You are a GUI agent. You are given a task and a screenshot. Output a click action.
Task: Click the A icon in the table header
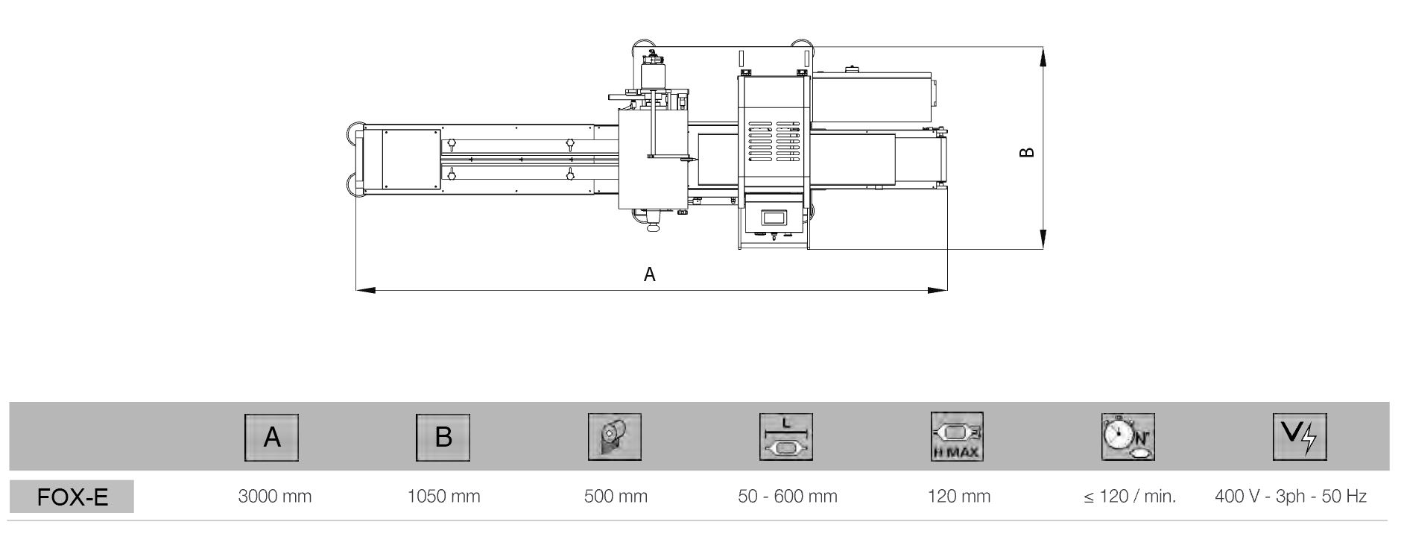tap(272, 437)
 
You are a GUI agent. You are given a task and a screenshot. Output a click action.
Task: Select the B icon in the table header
tap(443, 437)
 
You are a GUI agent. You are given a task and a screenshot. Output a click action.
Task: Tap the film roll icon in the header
tap(615, 437)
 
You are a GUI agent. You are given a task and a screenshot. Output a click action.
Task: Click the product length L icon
tap(786, 437)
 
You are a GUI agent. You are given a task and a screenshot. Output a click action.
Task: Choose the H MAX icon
tap(958, 437)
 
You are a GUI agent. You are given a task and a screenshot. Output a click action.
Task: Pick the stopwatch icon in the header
tap(1128, 437)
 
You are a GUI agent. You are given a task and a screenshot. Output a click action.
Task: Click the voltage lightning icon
tap(1300, 437)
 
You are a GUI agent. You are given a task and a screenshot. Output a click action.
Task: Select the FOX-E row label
tap(72, 497)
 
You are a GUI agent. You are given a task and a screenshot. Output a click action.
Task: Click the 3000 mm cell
tap(274, 496)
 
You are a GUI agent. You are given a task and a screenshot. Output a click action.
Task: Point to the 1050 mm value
tap(444, 496)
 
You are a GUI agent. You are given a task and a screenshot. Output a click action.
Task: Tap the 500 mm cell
tap(616, 496)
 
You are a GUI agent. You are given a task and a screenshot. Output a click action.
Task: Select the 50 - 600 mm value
tap(788, 496)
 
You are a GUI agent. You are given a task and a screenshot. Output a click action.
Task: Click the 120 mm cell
tap(959, 496)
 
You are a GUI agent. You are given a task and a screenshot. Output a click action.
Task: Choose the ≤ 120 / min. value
tap(1130, 496)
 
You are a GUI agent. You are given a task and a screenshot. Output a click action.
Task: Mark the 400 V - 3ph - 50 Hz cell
tap(1291, 496)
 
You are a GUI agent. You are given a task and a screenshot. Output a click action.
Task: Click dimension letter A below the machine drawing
tap(650, 274)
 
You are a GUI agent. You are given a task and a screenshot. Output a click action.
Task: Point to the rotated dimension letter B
tap(1027, 152)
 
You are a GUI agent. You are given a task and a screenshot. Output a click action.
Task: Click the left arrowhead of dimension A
tap(365, 289)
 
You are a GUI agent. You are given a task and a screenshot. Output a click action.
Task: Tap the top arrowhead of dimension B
tap(1043, 57)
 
